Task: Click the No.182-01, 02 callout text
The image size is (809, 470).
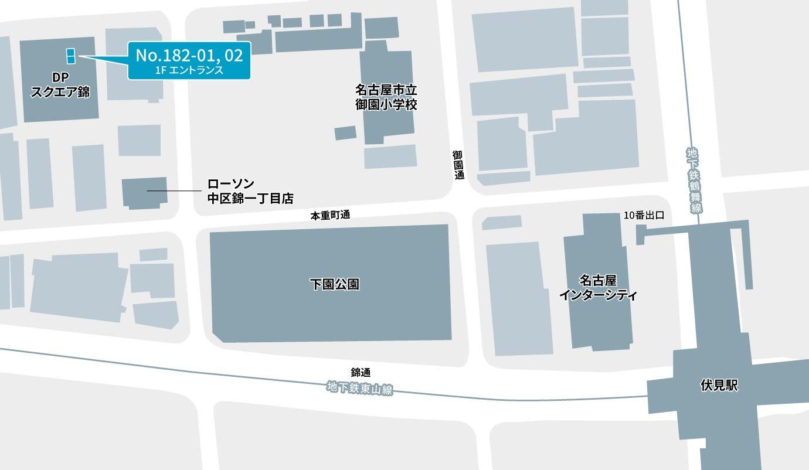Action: tap(189, 56)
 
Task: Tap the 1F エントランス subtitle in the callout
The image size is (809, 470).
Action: tap(189, 70)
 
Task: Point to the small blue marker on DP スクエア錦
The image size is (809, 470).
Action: tap(70, 55)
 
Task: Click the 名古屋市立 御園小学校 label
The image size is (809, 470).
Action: tap(386, 97)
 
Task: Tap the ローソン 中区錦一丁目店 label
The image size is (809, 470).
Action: tap(250, 191)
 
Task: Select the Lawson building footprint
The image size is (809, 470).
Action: tap(144, 193)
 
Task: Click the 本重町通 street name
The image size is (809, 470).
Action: tap(330, 215)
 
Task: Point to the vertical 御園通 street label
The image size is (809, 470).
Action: tap(458, 165)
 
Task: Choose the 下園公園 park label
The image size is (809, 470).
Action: tap(334, 285)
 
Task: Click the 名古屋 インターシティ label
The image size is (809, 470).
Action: tap(598, 287)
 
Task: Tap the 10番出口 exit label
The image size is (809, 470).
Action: tap(644, 215)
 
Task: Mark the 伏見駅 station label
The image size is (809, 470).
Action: tap(719, 386)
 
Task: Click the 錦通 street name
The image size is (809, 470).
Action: tap(361, 372)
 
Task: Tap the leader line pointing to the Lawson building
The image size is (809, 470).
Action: tap(174, 191)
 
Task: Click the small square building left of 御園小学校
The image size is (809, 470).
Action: tap(345, 133)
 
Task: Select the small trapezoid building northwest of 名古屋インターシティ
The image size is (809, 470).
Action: tap(501, 222)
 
